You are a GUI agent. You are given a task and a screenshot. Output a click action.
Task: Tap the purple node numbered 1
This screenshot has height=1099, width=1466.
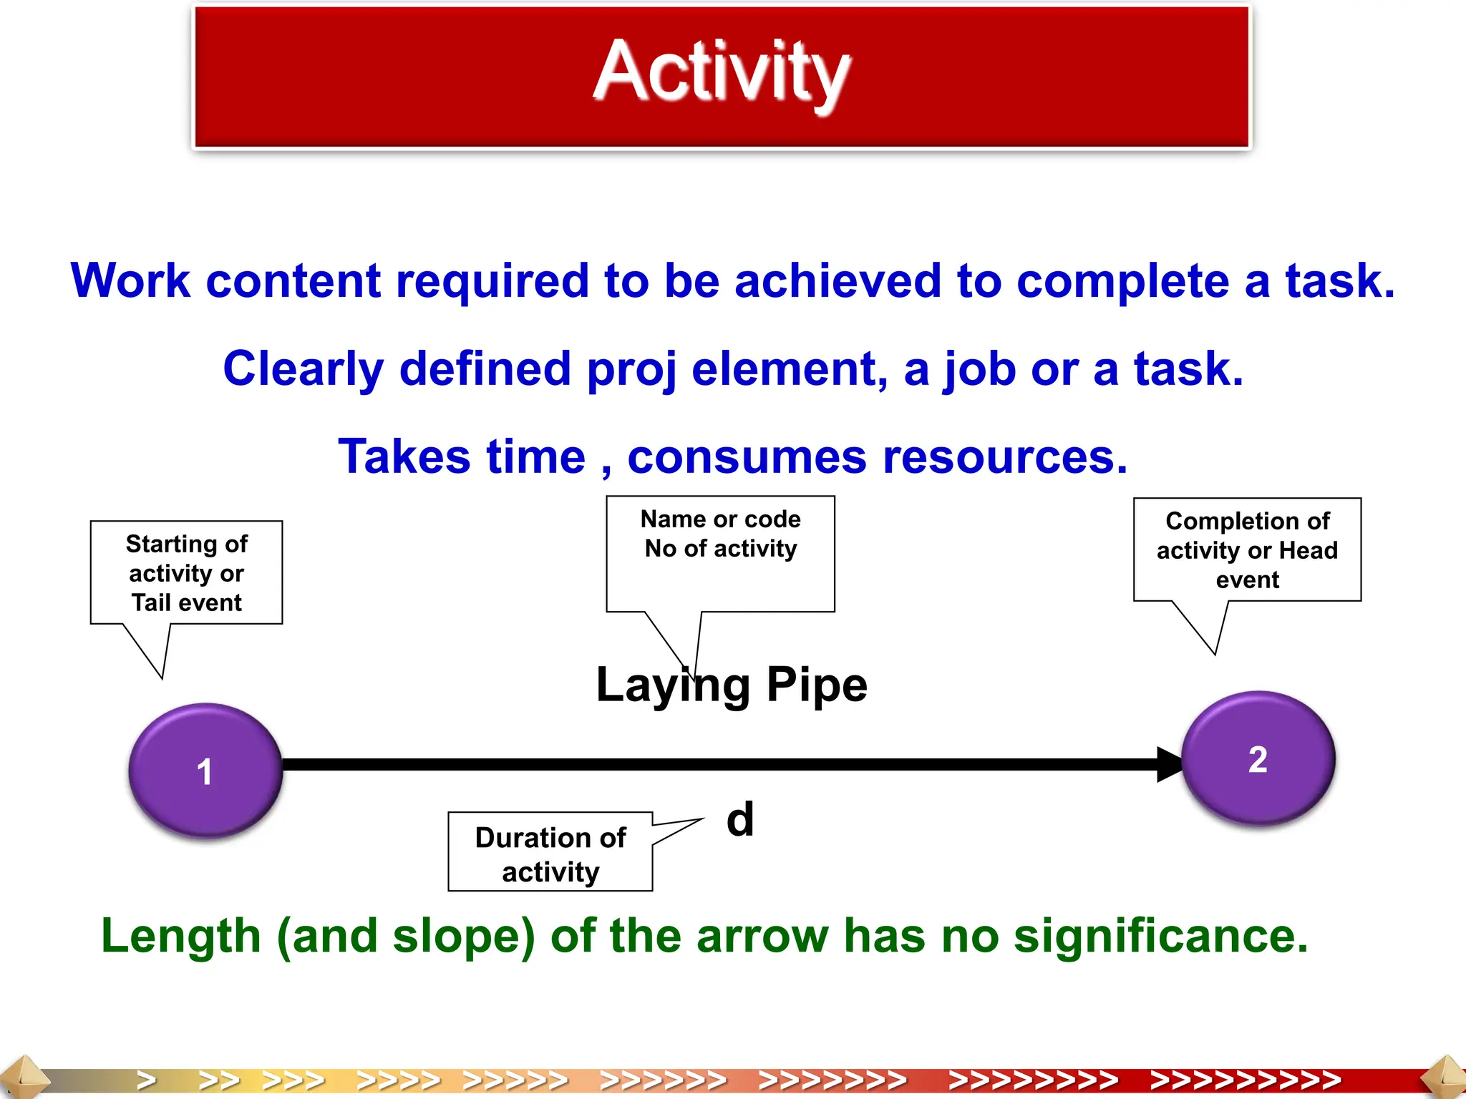click(205, 770)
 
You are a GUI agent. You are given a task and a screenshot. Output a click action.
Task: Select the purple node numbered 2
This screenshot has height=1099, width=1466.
click(1258, 758)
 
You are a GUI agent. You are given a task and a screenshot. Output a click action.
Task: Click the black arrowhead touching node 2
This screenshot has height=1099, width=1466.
click(1169, 764)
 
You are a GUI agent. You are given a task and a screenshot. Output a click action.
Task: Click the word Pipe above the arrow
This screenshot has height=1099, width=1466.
click(817, 685)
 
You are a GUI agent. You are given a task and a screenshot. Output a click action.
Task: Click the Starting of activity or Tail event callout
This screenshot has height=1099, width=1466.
click(186, 572)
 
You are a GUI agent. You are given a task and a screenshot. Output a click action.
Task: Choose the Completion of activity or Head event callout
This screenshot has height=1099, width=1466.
click(1247, 549)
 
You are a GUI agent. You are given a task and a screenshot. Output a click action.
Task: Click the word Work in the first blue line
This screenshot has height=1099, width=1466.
click(130, 280)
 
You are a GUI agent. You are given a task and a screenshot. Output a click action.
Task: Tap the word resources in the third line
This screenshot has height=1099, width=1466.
click(1005, 457)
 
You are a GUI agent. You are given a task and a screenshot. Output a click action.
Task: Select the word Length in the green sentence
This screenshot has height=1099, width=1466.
click(180, 936)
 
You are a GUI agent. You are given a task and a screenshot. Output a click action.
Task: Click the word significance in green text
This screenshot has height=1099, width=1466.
click(1160, 936)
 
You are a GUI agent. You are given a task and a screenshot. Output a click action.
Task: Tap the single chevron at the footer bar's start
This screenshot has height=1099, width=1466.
click(147, 1080)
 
